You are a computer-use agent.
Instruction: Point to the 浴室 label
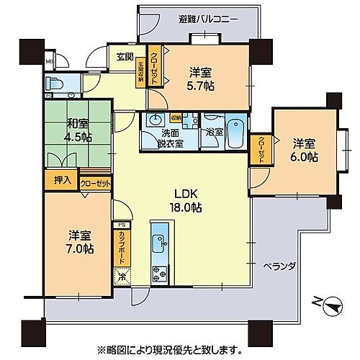point(212,132)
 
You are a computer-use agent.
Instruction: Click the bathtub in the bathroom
point(235,132)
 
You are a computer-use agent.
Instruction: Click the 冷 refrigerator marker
point(121,275)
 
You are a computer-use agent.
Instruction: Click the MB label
point(48,63)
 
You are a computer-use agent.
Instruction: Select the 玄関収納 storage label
point(141,73)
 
